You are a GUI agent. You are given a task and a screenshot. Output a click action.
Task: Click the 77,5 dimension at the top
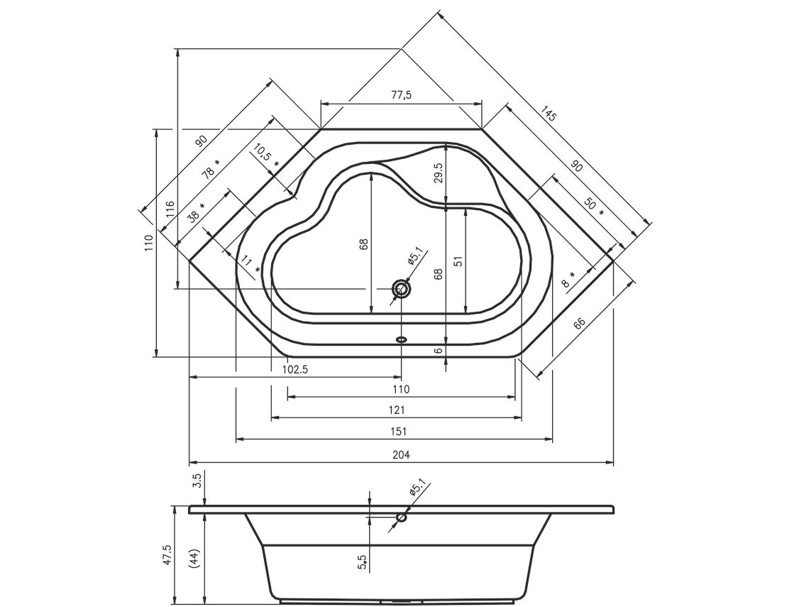click(x=401, y=95)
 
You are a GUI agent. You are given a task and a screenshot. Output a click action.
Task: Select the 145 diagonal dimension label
click(x=549, y=114)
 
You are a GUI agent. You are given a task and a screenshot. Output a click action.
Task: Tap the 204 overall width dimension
click(x=401, y=455)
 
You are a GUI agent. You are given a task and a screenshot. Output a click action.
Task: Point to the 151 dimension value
click(x=401, y=432)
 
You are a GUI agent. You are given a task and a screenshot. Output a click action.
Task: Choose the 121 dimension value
click(x=397, y=410)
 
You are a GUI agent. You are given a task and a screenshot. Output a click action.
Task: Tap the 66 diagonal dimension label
click(x=579, y=323)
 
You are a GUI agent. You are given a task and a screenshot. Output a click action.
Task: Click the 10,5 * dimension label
click(x=265, y=155)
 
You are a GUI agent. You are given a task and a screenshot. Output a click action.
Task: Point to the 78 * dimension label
click(x=211, y=169)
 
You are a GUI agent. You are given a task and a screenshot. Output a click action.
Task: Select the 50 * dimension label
click(x=594, y=205)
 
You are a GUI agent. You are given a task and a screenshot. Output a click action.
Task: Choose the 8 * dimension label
click(x=570, y=279)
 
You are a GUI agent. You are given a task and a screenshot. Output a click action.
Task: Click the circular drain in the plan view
click(x=401, y=289)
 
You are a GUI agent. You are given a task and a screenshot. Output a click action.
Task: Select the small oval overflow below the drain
click(x=401, y=339)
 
